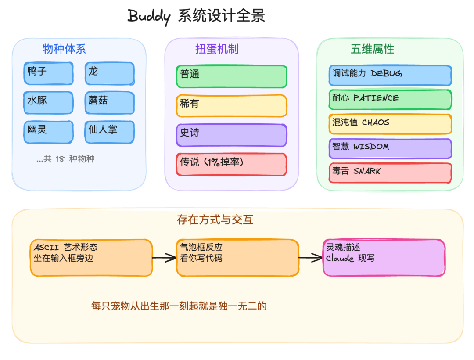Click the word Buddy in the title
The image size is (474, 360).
pos(149,16)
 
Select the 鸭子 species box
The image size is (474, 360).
pos(48,73)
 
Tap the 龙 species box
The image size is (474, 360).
pos(109,73)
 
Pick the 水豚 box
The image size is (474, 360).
pos(48,102)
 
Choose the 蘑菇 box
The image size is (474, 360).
pos(109,102)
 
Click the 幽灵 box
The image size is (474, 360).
pos(48,132)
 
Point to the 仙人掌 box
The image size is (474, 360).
pos(109,132)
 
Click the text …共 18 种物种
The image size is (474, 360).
pos(65,159)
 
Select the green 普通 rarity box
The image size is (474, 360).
pos(231,76)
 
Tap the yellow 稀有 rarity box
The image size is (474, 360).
pos(231,106)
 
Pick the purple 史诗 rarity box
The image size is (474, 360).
pos(231,135)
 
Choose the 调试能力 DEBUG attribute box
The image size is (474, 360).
pos(390,75)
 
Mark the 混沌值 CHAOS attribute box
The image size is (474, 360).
pos(390,124)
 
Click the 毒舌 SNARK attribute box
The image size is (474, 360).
pos(390,173)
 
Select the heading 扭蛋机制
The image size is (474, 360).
pos(217,49)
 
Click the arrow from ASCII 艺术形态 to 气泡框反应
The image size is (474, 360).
pos(164,258)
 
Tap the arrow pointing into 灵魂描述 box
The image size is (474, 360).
pos(310,258)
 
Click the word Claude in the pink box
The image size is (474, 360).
pos(340,259)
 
